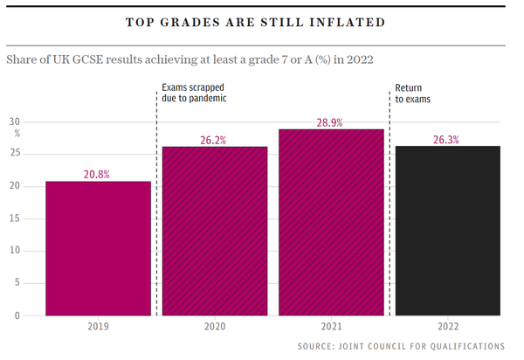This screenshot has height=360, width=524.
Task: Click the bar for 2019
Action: [x=98, y=248]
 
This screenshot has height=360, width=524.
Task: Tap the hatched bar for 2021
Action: [x=331, y=222]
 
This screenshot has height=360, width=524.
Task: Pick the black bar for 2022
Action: [x=448, y=231]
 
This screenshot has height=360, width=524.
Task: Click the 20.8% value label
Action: [x=98, y=174]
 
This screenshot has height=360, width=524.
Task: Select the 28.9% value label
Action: [x=331, y=121]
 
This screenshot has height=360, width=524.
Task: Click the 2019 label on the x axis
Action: [x=98, y=328]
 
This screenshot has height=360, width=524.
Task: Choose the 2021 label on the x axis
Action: [x=331, y=328]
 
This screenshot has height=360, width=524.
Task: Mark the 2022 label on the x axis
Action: [x=448, y=328]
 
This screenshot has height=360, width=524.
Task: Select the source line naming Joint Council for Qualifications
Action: [x=401, y=347]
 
